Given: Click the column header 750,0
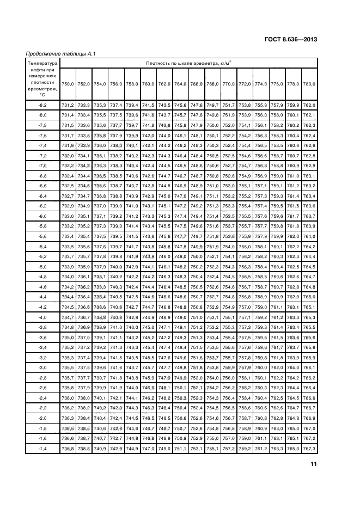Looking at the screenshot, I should click(68, 83).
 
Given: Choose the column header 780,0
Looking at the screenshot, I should click(309, 83).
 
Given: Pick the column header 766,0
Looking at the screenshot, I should click(197, 83).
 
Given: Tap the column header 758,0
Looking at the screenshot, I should click(132, 83).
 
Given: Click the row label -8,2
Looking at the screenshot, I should click(42, 105).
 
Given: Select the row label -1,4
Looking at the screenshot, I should click(42, 448).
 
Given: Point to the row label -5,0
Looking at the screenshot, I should click(42, 266).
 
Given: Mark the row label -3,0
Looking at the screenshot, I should click(42, 367).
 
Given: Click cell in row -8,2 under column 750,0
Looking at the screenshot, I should click(68, 105).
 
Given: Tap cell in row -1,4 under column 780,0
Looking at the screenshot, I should click(309, 448).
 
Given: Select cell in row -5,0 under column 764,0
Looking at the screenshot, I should click(180, 266).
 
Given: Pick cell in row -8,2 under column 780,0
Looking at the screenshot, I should click(309, 105).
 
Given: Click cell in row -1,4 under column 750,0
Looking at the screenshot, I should click(68, 448).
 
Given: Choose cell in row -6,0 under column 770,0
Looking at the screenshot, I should click(229, 216).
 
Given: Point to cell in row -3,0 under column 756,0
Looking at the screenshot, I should click(116, 367).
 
